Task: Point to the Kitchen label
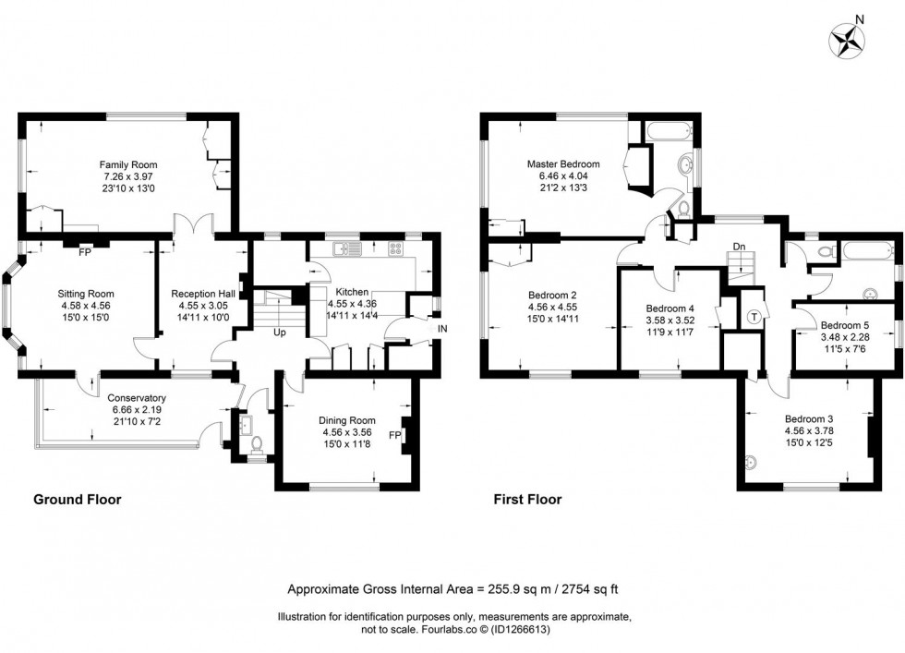point(354,291)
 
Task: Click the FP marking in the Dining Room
point(395,434)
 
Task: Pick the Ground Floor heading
point(78,500)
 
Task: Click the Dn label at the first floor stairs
point(739,247)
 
